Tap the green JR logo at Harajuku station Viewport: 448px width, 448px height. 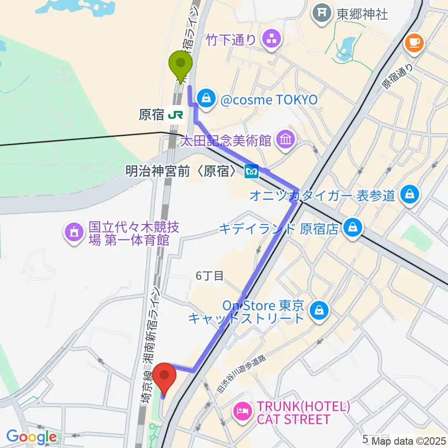[x=176, y=114]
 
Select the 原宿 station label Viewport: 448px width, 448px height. [x=151, y=115]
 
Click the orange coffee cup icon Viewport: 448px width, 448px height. [x=413, y=43]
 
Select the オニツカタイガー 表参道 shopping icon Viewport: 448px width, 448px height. [x=410, y=194]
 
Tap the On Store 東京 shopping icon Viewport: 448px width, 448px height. [x=320, y=309]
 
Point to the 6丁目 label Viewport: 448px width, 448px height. [x=210, y=276]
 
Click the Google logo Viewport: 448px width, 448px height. [x=32, y=436]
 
